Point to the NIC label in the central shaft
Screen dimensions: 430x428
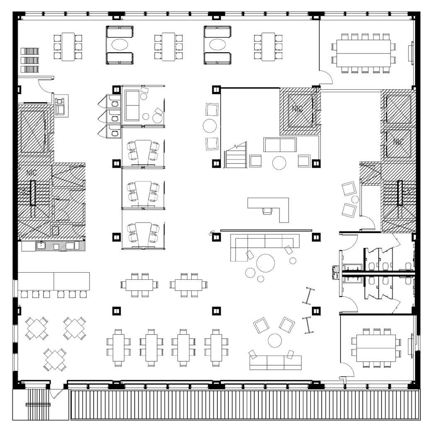pos(297,109)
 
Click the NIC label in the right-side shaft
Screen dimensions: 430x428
pos(398,142)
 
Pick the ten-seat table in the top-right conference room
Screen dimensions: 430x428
pos(364,53)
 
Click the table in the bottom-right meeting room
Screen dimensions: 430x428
pos(376,348)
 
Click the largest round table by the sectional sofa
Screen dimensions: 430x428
pos(265,263)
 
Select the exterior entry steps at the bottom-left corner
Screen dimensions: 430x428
pos(38,404)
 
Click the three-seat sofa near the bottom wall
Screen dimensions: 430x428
pos(275,363)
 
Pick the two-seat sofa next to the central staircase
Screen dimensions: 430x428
pos(280,145)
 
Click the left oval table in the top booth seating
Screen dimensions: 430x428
pos(120,45)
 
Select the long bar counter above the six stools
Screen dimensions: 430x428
pos(54,281)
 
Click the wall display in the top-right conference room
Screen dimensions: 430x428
pos(411,53)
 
